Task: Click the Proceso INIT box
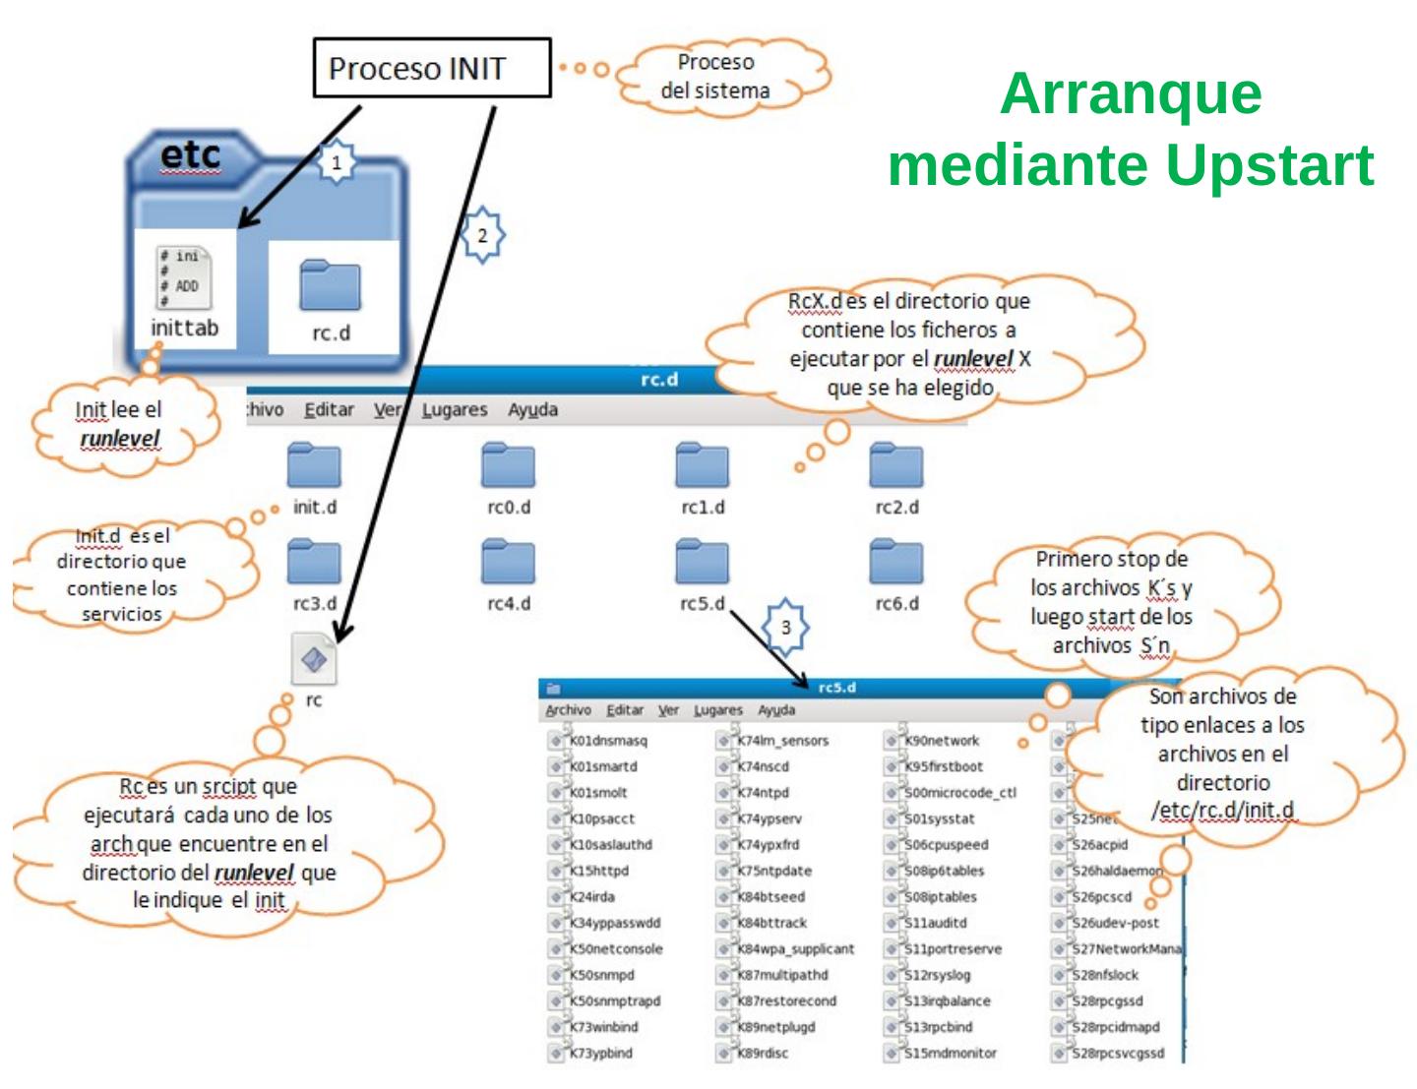click(431, 69)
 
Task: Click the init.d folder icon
click(315, 466)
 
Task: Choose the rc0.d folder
click(508, 466)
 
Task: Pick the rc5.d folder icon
click(703, 563)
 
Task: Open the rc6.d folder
click(895, 563)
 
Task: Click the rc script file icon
click(314, 659)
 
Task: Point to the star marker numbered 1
click(337, 163)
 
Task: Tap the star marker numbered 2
click(482, 236)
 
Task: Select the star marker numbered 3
click(785, 628)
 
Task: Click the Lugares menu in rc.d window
click(455, 410)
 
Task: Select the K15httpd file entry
click(598, 871)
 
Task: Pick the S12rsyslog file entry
click(937, 975)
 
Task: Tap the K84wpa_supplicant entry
click(795, 949)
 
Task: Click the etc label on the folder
click(190, 155)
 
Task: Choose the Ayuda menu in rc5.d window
click(776, 710)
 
